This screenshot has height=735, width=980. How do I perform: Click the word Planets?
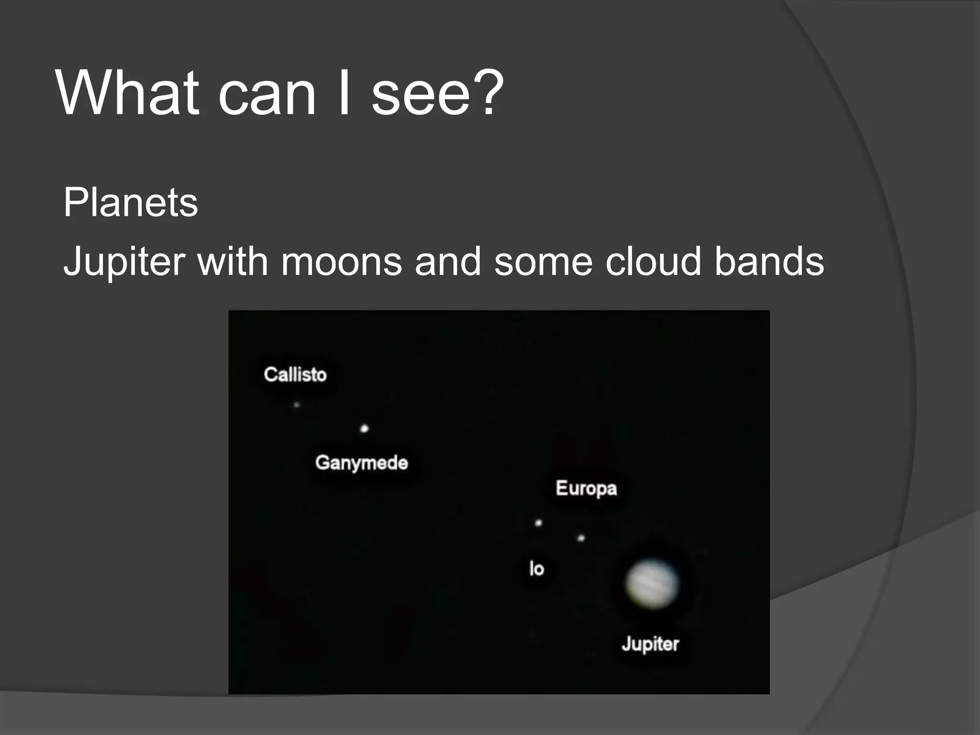click(x=131, y=202)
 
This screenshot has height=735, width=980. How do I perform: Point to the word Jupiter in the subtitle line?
click(x=124, y=262)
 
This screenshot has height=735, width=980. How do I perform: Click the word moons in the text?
click(x=341, y=262)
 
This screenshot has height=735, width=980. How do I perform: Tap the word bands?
click(x=769, y=262)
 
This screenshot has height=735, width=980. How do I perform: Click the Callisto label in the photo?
click(x=295, y=374)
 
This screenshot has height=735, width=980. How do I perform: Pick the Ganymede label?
click(x=362, y=463)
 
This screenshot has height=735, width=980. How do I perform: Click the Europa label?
click(x=586, y=489)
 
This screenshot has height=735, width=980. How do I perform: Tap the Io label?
click(x=537, y=568)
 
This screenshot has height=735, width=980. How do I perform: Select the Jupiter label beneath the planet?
click(x=650, y=644)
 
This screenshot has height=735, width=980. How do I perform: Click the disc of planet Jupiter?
click(x=652, y=584)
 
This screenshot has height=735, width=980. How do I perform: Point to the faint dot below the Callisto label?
click(x=297, y=405)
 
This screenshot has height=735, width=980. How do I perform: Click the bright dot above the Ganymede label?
click(x=364, y=428)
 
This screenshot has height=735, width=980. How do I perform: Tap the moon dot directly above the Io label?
click(x=538, y=523)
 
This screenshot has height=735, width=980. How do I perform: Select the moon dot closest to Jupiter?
click(x=581, y=538)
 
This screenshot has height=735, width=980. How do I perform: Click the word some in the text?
click(x=543, y=262)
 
